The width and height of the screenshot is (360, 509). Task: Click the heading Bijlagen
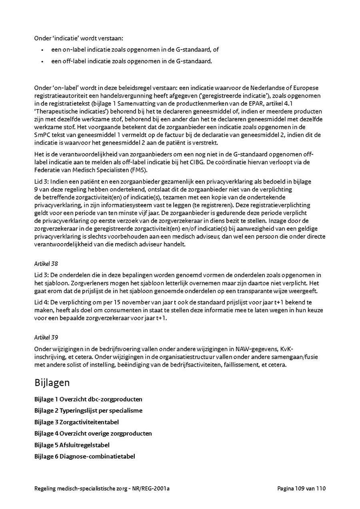[x=52, y=383]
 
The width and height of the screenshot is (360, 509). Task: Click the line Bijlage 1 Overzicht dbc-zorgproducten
[x=88, y=399]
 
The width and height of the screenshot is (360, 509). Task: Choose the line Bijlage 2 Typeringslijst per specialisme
[x=88, y=411]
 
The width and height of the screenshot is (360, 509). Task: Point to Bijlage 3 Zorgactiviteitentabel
[x=76, y=422]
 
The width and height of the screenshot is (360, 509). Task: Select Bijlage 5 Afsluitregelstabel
[x=72, y=445]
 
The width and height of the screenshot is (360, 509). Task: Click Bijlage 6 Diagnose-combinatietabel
[x=85, y=456]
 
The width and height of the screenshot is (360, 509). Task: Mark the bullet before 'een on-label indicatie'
[x=42, y=50]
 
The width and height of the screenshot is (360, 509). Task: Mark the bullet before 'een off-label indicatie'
[x=42, y=61]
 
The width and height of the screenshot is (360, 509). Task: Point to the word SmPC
[x=42, y=136]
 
